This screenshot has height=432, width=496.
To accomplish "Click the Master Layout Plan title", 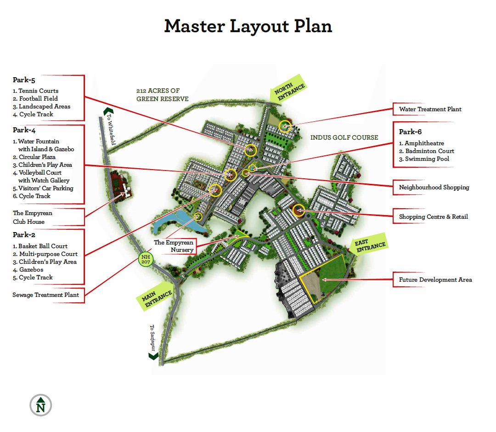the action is click(248, 26).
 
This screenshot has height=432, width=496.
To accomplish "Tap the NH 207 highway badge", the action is click(146, 259).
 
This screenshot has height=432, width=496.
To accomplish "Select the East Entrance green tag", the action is click(369, 244).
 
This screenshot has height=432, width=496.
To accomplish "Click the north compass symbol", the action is click(41, 405).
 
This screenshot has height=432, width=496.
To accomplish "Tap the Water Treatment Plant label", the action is click(430, 109).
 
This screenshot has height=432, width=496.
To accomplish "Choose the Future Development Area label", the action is click(435, 280).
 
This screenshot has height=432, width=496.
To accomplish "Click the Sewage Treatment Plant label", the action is click(45, 295).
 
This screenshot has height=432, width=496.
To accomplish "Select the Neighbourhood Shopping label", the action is click(434, 188).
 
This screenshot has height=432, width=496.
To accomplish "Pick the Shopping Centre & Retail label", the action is click(434, 217).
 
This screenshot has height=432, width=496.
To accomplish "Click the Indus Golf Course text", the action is click(344, 137).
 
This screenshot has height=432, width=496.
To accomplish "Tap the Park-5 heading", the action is click(24, 80).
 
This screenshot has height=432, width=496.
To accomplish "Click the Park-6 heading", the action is click(410, 131).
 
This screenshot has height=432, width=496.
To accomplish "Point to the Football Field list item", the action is click(35, 99).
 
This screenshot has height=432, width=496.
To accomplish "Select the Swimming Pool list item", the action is click(424, 159).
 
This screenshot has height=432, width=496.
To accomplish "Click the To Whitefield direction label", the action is click(111, 129).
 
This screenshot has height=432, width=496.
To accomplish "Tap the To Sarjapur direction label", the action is click(152, 338).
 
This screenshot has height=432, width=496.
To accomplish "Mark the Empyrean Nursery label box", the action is click(174, 246).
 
